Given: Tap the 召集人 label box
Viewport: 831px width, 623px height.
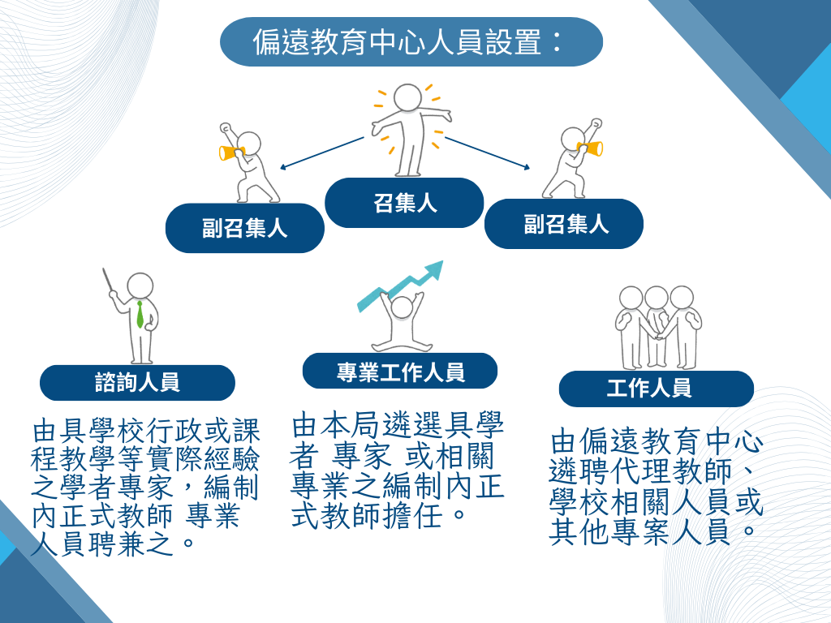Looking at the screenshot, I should (404, 203).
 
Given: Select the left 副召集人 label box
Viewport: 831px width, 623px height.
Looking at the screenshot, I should (244, 228).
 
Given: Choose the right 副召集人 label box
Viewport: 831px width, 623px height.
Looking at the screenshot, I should (564, 223).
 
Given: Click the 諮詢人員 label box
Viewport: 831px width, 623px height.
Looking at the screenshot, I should (137, 382).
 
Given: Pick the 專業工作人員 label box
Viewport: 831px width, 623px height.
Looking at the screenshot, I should (400, 372).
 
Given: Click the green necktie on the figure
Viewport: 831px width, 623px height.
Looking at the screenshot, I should (140, 315).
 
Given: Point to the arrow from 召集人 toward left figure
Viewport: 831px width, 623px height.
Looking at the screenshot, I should (321, 153).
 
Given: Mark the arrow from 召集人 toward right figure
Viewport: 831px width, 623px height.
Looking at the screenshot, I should (487, 154).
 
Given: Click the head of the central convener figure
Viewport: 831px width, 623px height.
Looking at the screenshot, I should (407, 97).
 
